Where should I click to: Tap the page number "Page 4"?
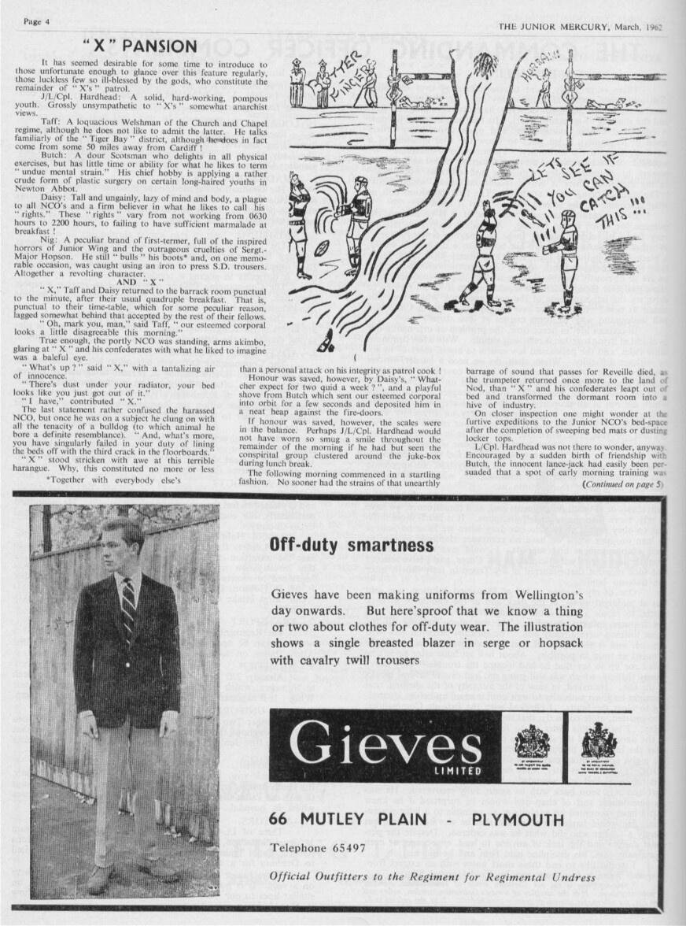(37, 21)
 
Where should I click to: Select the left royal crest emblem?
(532, 742)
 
